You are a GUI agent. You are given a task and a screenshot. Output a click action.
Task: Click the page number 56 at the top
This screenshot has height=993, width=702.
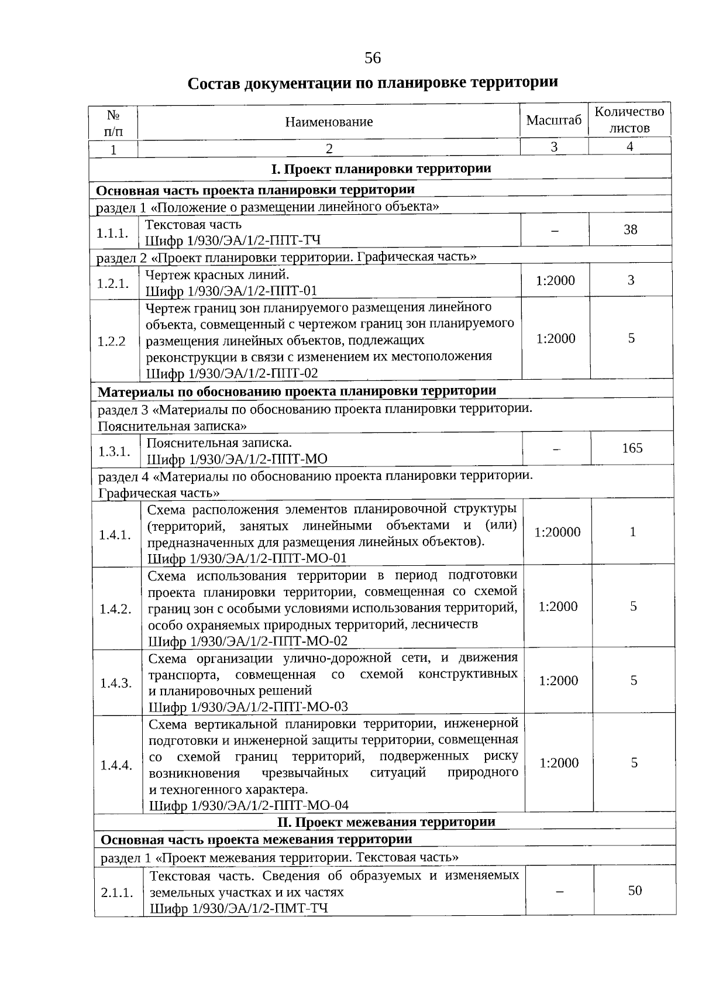click(x=373, y=58)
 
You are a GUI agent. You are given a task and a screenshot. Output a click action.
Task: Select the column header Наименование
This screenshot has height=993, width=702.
click(x=329, y=122)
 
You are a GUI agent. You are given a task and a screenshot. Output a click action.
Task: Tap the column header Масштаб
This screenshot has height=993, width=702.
click(x=554, y=120)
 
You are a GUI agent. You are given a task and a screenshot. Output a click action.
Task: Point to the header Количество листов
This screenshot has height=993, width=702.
click(x=629, y=119)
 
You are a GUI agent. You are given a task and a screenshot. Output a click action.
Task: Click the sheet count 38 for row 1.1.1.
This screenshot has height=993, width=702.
click(x=630, y=229)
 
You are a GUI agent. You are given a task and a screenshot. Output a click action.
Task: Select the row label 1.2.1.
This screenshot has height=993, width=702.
click(x=113, y=283)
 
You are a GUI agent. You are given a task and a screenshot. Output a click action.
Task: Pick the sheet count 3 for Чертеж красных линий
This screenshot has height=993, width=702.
click(x=631, y=280)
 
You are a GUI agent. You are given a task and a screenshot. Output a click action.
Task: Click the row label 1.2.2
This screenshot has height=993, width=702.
click(x=112, y=341)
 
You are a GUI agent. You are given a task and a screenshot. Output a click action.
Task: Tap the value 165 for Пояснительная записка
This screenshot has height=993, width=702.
click(x=632, y=448)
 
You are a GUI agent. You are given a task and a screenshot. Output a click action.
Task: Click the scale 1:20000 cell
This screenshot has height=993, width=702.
click(x=558, y=532)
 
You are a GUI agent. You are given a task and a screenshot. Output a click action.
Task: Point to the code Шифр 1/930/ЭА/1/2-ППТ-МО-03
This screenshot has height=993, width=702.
click(x=248, y=707)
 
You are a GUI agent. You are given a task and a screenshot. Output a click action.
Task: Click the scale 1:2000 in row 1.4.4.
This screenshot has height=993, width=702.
click(x=559, y=763)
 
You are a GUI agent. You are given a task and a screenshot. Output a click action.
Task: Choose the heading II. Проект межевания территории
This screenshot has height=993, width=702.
click(x=386, y=822)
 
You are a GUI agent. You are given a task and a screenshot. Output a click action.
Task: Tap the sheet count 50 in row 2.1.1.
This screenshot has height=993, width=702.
click(x=635, y=891)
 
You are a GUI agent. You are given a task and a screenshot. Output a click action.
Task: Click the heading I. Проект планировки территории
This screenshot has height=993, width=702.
click(x=381, y=169)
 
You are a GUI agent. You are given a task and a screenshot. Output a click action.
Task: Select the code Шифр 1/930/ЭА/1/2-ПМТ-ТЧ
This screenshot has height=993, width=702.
click(x=239, y=909)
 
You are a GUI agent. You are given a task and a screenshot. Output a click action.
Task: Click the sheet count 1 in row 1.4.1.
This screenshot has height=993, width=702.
click(x=632, y=532)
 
